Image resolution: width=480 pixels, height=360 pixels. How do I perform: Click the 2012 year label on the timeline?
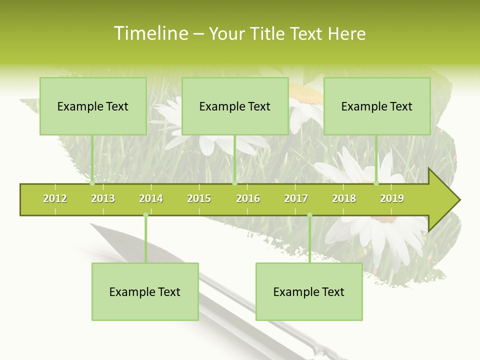55,198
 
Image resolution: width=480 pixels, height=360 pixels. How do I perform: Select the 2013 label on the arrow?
103,198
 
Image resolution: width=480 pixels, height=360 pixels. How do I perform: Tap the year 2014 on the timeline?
151,198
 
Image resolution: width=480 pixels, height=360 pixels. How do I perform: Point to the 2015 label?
199,198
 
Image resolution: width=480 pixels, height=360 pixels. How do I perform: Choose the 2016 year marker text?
248,198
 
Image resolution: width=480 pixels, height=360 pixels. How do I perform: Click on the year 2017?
296,198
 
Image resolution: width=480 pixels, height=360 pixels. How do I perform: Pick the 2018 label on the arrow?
344,198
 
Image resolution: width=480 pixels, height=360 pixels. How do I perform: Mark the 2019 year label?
392,198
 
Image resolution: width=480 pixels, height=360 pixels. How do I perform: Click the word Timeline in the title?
150,33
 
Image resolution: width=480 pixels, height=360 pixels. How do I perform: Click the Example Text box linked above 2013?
93,106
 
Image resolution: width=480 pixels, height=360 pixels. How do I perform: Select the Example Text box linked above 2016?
235,106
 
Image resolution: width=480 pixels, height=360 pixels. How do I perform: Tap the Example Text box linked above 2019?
377,106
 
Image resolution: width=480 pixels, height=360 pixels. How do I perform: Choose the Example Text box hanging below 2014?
145,292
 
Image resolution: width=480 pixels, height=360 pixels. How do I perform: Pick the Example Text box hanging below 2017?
309,292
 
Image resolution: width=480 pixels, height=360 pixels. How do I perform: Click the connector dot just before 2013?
92,183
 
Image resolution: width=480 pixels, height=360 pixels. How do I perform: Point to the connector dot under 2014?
145,215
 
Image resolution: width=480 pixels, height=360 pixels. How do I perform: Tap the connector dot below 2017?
309,215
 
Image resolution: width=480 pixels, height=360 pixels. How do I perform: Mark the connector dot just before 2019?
376,183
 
